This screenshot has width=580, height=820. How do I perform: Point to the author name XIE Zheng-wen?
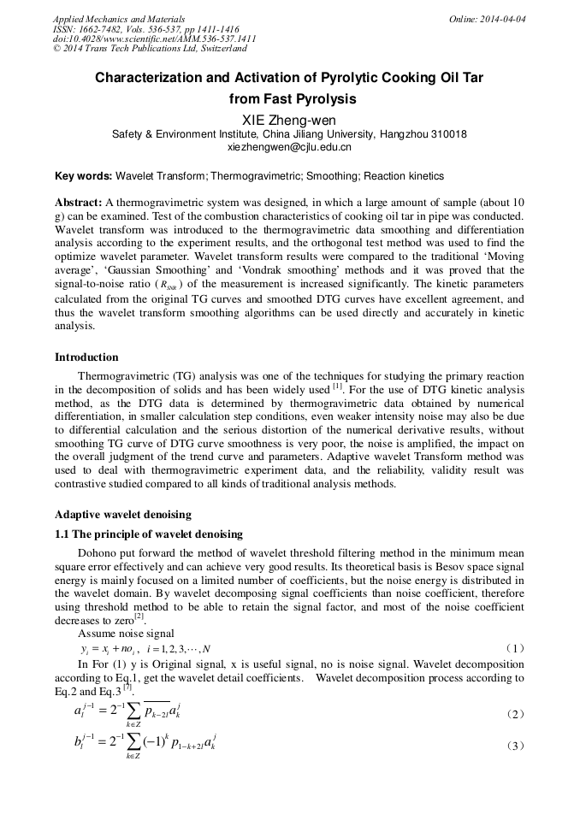(x=289, y=120)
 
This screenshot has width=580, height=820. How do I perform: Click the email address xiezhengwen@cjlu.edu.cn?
(x=289, y=147)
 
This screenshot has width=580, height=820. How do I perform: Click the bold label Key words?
(x=83, y=176)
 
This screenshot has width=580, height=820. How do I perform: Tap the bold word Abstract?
(x=79, y=203)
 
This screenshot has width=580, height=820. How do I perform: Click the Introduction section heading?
(x=86, y=357)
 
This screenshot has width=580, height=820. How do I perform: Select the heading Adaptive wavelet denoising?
(x=123, y=515)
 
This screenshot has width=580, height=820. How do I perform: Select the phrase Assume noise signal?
(x=126, y=634)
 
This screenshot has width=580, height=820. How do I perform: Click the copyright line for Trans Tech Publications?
(x=150, y=49)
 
